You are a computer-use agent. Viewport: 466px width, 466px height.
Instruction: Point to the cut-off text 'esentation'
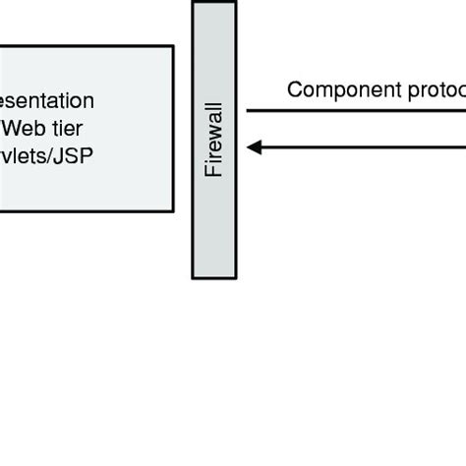pyautogui.click(x=47, y=100)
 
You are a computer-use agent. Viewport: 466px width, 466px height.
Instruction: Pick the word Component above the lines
pyautogui.click(x=331, y=90)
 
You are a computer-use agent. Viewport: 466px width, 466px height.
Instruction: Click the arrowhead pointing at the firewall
pyautogui.click(x=253, y=147)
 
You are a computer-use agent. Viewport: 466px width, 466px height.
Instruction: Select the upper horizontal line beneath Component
pyautogui.click(x=354, y=111)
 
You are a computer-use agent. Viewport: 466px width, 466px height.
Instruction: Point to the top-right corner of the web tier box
pyautogui.click(x=173, y=46)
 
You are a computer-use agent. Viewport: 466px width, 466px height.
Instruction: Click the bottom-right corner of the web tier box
pyautogui.click(x=173, y=210)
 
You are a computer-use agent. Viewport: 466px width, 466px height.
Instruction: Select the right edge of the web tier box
pyautogui.click(x=173, y=128)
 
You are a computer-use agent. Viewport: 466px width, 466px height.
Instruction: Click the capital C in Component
pyautogui.click(x=294, y=90)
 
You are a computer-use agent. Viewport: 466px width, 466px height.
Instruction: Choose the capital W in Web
pyautogui.click(x=15, y=127)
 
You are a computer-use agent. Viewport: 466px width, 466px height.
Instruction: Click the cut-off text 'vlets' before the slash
pyautogui.click(x=26, y=154)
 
